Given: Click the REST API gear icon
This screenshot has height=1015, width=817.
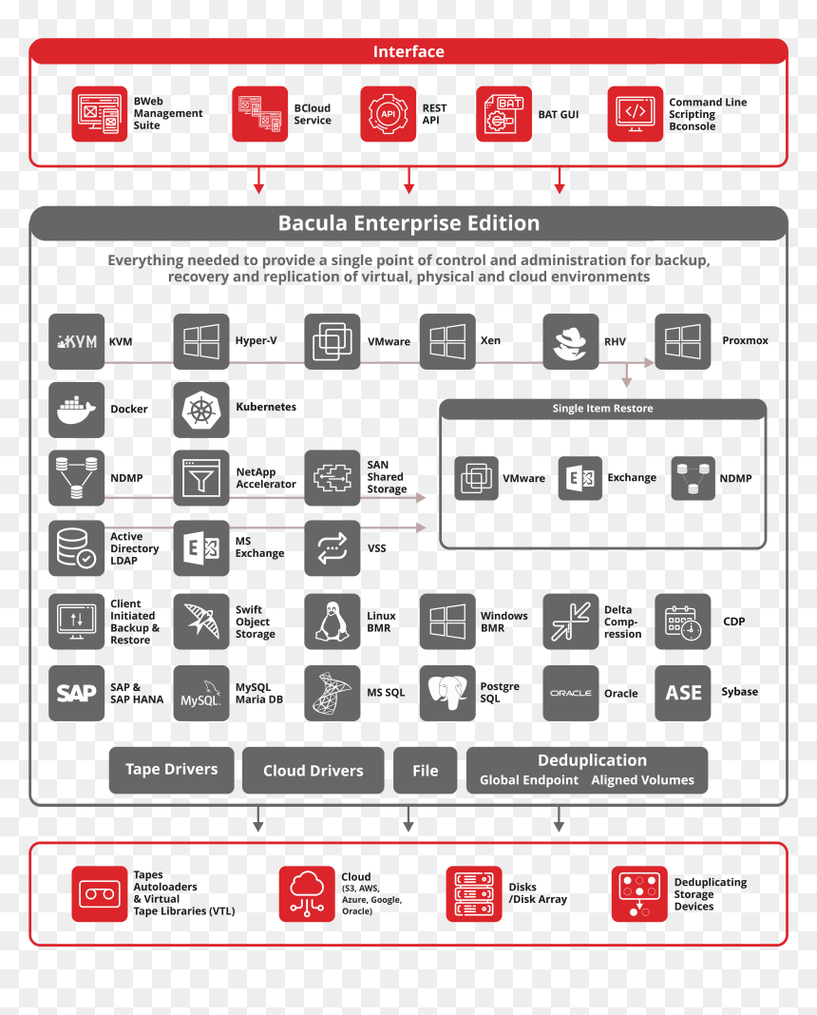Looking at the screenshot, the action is click(389, 114).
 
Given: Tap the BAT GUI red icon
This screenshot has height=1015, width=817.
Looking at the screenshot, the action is click(503, 114).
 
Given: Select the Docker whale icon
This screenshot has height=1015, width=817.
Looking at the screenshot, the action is click(76, 410).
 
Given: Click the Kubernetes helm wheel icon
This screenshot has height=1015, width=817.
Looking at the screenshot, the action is click(201, 410).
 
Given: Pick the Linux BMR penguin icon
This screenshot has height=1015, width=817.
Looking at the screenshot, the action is click(332, 622).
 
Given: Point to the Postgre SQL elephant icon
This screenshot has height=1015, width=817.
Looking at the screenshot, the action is click(447, 693).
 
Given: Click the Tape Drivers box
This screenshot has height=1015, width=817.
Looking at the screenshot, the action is click(171, 770).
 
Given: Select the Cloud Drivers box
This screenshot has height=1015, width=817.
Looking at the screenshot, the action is click(313, 771).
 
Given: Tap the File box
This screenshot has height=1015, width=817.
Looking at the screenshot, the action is click(425, 771).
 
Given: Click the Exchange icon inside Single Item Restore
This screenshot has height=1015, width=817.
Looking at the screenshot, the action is click(580, 478).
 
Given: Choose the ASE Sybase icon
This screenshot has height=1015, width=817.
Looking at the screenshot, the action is click(683, 693).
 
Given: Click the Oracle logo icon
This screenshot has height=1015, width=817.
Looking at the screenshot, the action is click(571, 693).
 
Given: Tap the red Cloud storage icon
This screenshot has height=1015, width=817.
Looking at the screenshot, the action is click(307, 894).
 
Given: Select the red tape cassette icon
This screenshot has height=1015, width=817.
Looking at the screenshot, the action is click(100, 894).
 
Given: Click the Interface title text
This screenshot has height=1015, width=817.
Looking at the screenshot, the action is click(408, 51).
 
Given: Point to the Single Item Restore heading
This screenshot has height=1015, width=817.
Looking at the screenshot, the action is click(603, 409).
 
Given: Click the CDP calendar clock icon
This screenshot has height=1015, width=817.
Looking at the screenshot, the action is click(683, 622).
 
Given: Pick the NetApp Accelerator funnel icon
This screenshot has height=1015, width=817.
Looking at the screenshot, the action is click(201, 478).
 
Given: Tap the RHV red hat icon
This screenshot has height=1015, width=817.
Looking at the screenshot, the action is click(571, 342).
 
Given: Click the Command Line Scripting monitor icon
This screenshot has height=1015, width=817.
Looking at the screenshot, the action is click(636, 114).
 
